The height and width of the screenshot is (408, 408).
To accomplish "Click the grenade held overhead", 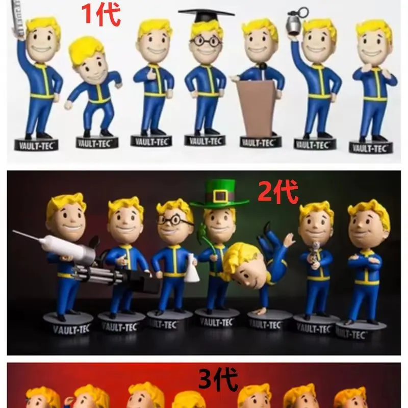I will click(295, 22).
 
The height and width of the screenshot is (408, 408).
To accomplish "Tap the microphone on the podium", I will click(263, 66).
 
